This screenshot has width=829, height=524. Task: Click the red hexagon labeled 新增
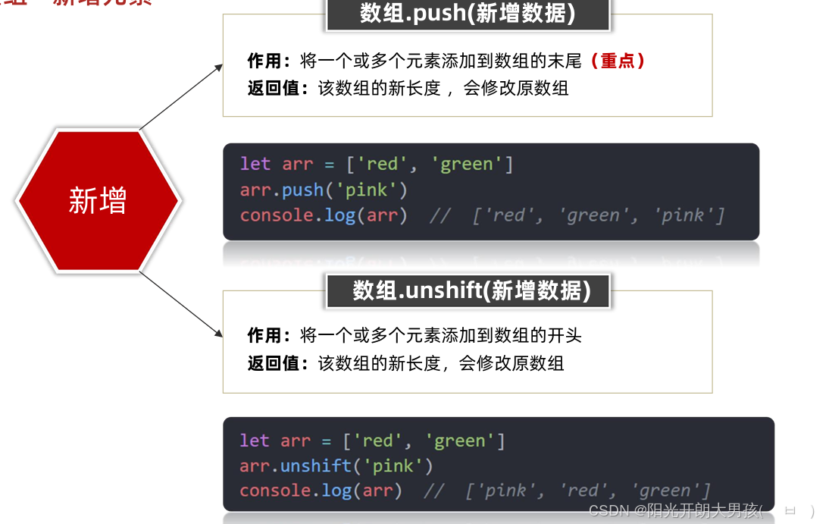98,200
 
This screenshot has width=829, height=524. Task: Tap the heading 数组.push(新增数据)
468,14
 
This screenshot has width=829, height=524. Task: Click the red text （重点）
618,61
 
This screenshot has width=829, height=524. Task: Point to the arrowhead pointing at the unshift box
219,334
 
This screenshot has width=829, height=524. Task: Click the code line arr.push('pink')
324,190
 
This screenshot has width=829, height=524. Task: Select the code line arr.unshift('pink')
336,465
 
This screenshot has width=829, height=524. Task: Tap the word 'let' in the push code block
255,164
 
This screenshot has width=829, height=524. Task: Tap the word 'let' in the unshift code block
254,441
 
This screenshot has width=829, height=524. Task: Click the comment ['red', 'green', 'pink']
599,215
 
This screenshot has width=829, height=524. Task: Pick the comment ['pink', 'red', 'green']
588,491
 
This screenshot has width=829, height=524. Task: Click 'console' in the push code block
277,215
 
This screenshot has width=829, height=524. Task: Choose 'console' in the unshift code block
276,491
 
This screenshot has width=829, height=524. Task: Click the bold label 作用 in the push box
264,61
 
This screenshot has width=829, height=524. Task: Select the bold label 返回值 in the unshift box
273,363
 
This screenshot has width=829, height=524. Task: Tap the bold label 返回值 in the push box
273,88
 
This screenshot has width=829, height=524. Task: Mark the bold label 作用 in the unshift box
264,335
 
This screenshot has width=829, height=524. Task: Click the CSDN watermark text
674,510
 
